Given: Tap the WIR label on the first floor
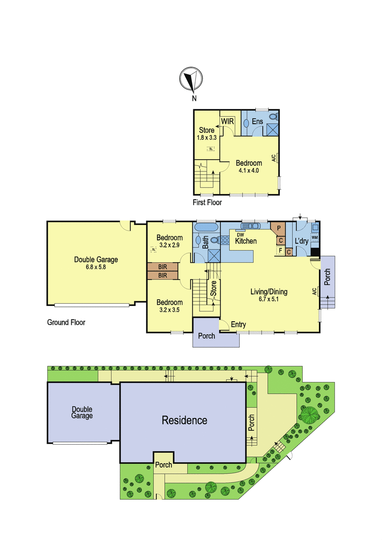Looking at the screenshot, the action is pos(227,121).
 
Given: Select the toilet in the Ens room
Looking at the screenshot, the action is pos(274,117).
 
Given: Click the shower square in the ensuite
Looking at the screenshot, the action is pos(272,130).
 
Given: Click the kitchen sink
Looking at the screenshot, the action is pos(250,225).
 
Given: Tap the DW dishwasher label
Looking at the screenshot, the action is pos(241,234).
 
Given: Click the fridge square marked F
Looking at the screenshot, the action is pos(280,251).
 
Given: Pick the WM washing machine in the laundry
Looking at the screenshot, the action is pos(315,238).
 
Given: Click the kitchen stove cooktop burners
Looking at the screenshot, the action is pos(225,240).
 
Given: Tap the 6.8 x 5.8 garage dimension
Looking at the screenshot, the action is pos(96,267).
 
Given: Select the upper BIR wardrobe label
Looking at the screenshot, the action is pos(163,267).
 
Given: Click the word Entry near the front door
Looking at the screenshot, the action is pos(238,324).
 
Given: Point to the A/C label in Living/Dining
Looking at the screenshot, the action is pos(314,292).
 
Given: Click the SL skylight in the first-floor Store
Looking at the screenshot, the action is pos(211,149).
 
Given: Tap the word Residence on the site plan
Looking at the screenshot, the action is pos(184,420).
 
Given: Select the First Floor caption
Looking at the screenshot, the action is pos(207,202).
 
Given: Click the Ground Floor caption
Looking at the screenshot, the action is pos(66,322).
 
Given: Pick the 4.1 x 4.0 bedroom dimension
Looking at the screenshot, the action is pos(249,171).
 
